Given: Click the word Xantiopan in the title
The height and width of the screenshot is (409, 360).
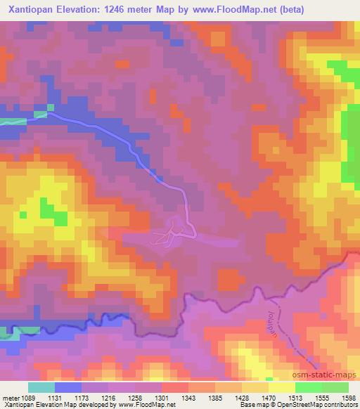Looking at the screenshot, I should [30, 10].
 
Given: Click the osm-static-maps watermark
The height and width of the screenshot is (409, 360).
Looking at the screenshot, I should [326, 372].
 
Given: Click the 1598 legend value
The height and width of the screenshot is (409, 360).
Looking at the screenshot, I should [348, 397].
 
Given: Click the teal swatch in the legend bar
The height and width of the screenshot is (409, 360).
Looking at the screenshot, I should [41, 387].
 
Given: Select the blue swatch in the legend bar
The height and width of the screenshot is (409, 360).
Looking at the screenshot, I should [68, 387].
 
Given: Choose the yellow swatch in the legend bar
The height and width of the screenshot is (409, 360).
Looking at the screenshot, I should [281, 387].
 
